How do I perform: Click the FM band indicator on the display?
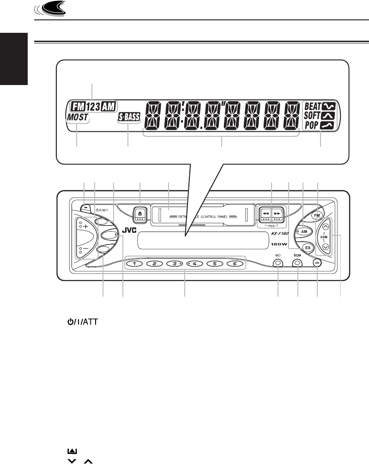click(x=68, y=106)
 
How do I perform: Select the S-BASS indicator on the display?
click(x=128, y=117)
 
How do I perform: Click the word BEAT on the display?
click(x=314, y=105)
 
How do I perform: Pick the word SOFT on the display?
click(x=314, y=115)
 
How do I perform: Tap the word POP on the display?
click(x=313, y=125)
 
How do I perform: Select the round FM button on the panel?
click(x=316, y=215)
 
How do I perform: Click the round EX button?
click(x=307, y=247)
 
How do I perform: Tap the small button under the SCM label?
click(x=298, y=263)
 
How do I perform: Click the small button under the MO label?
click(x=278, y=263)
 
